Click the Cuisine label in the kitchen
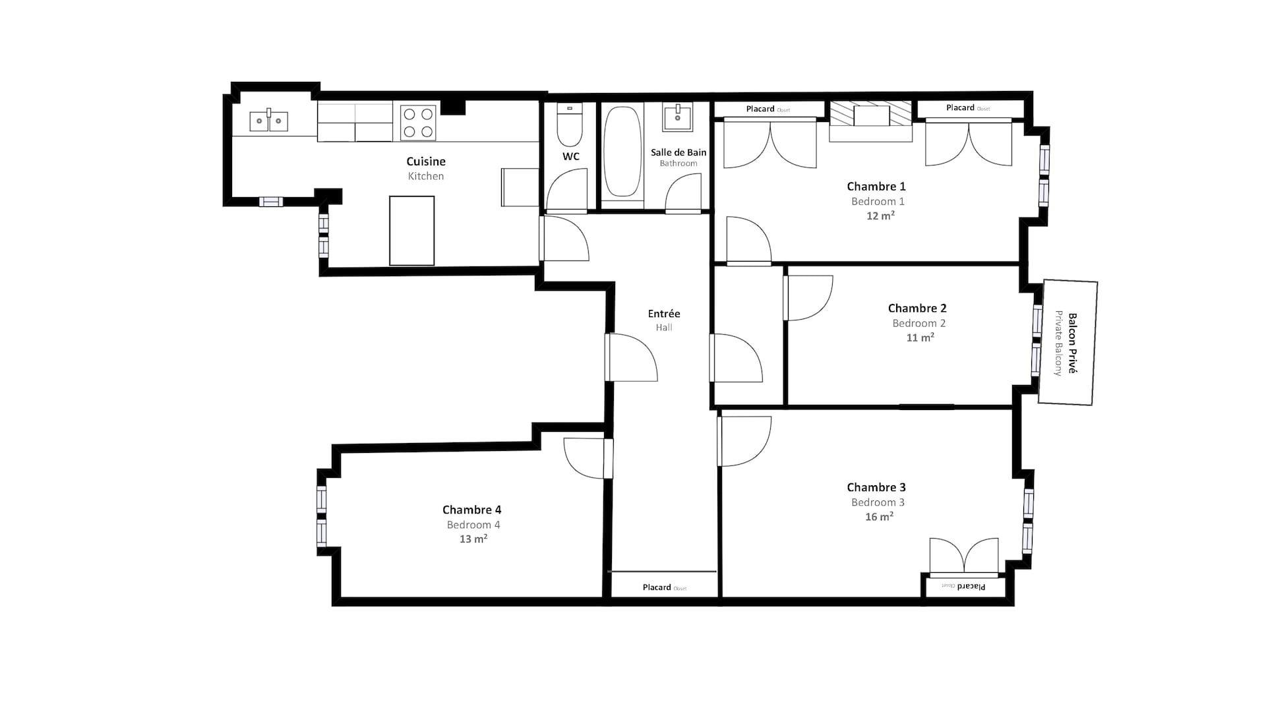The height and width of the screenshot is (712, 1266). (426, 162)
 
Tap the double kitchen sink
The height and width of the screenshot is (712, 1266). (268, 121)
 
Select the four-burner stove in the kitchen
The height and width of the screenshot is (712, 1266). (419, 123)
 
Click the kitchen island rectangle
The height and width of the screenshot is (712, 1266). (412, 231)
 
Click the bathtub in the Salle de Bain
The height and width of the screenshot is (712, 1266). (622, 153)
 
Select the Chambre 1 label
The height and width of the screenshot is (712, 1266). (876, 187)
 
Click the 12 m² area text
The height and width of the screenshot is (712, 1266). (880, 216)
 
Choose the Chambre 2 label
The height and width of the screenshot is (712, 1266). (917, 309)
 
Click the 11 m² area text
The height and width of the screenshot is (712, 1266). (920, 338)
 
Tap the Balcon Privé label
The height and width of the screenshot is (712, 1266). (1072, 343)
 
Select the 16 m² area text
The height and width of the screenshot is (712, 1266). (880, 517)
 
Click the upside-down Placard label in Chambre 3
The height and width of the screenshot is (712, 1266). (971, 586)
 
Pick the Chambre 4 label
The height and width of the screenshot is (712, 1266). (471, 510)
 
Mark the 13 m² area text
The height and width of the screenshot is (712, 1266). (473, 539)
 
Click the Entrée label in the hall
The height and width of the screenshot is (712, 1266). (664, 314)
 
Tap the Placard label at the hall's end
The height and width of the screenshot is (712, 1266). (657, 587)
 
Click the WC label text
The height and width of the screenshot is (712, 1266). (571, 156)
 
